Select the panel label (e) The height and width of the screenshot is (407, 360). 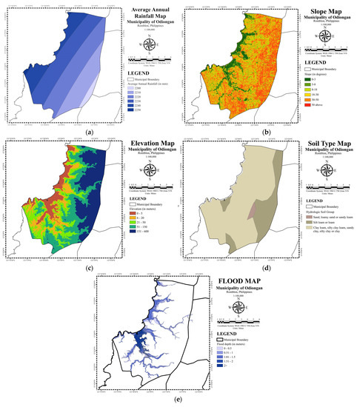pyautogui.click(x=180, y=400)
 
